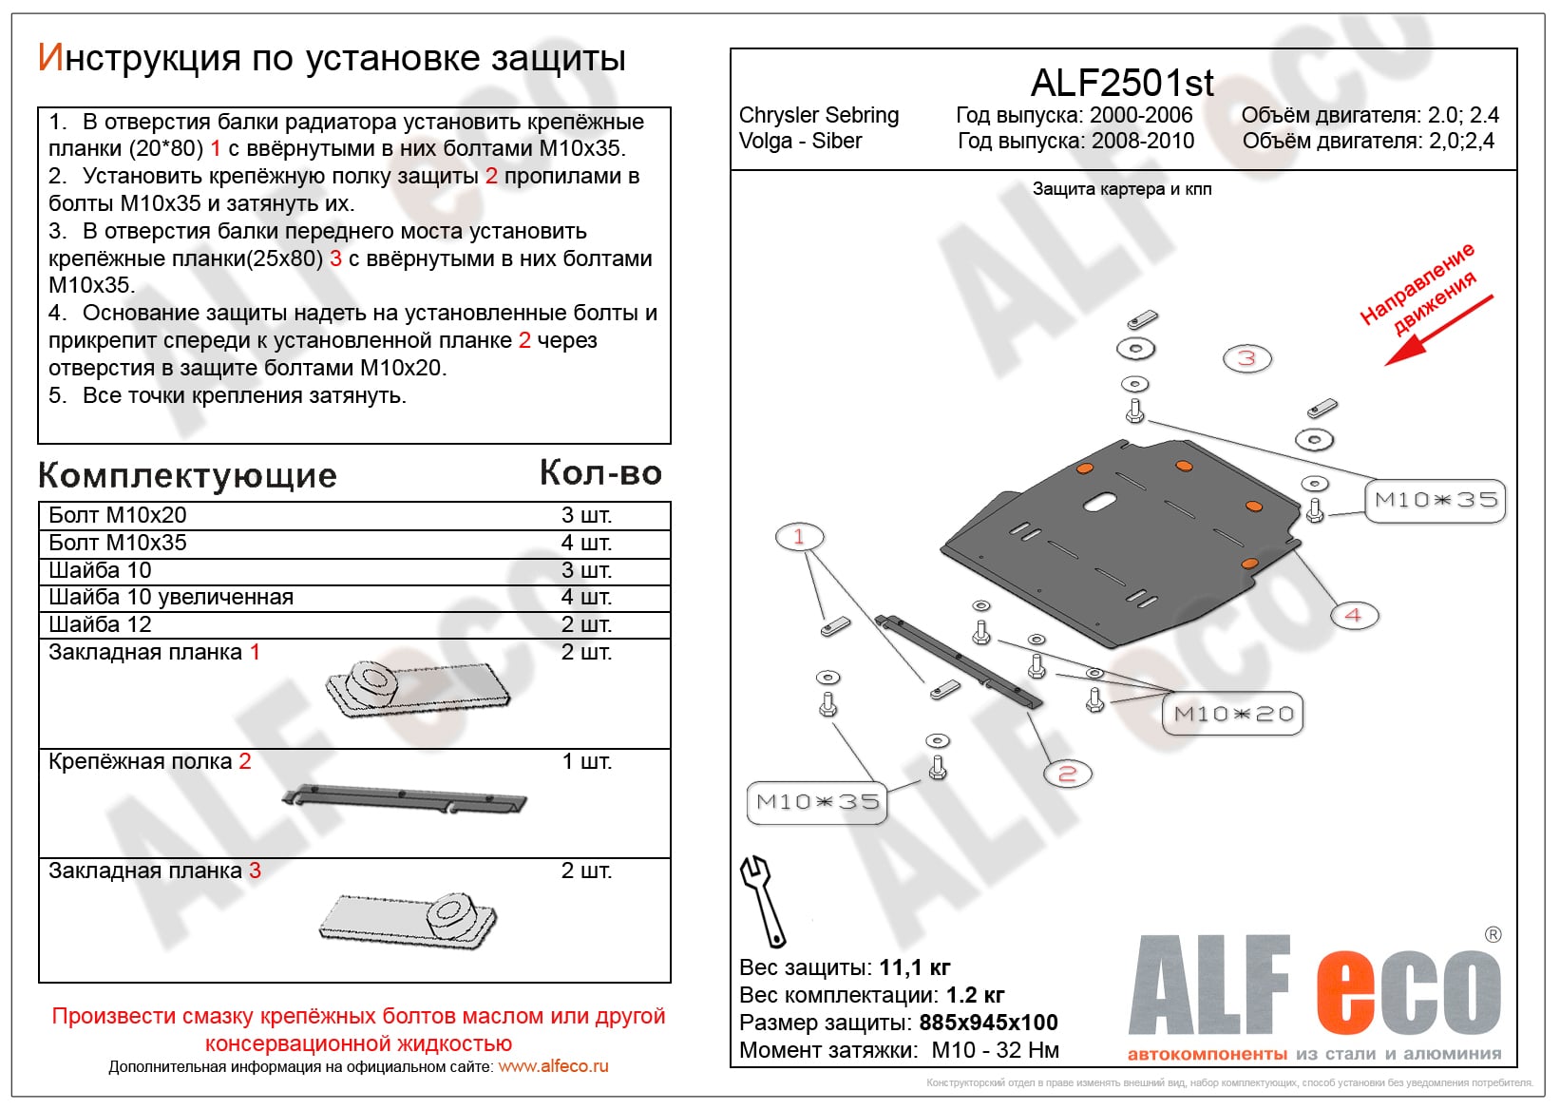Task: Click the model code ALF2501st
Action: click(1122, 84)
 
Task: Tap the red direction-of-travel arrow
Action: click(1437, 331)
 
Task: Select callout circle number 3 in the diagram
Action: click(1246, 358)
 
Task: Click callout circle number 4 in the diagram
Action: click(1353, 615)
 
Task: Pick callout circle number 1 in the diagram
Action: click(798, 537)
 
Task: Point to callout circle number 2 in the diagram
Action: click(1067, 774)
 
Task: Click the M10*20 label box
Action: click(1233, 714)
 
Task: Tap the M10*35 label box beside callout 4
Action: click(1436, 500)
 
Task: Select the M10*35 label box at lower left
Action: click(817, 802)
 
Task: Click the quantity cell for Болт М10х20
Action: click(586, 515)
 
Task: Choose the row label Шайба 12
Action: click(100, 624)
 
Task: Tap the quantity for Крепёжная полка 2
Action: click(586, 761)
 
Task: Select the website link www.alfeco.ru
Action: click(553, 1066)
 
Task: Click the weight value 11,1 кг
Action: click(914, 967)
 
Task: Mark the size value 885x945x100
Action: click(988, 1023)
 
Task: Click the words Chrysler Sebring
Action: click(818, 115)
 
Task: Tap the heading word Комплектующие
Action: click(187, 475)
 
